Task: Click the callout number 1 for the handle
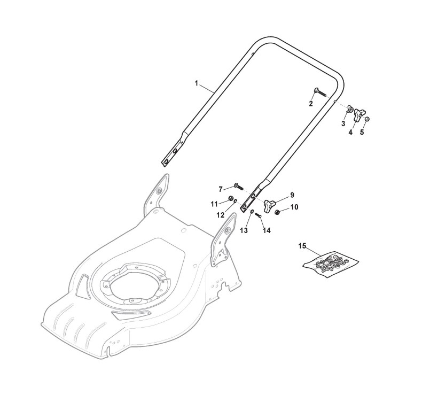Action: point(196,83)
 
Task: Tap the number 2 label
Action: point(311,104)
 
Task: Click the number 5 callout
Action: point(362,132)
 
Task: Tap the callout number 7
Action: point(221,189)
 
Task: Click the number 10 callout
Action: point(294,206)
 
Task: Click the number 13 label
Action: point(244,230)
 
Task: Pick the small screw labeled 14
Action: point(257,216)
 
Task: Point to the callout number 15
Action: point(302,246)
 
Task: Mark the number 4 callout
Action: point(350,132)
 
